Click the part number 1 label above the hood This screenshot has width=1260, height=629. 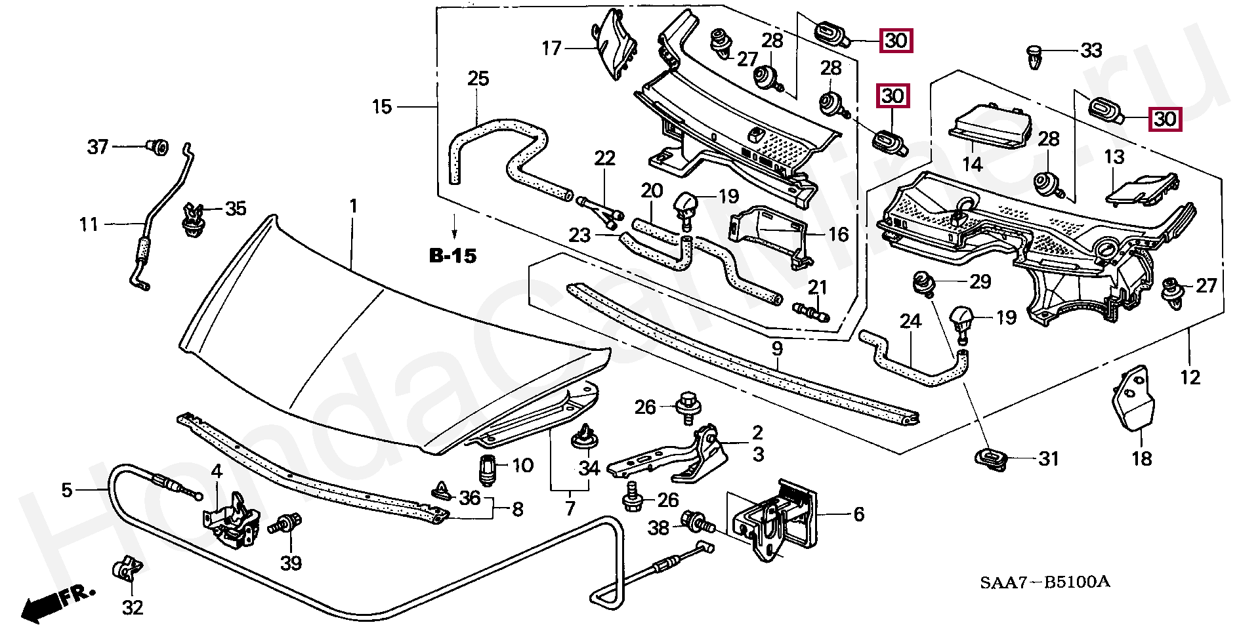coord(353,207)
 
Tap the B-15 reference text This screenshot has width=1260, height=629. coord(452,256)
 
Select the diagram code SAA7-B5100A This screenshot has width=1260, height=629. coord(1045,581)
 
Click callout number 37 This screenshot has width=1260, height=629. coord(97,146)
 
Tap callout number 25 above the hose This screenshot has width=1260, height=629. coord(478,79)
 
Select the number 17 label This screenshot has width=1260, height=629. coord(551,48)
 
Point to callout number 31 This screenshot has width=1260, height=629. coord(1049,458)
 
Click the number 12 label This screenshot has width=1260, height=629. coord(1190,377)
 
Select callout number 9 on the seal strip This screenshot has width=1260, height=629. coord(777,348)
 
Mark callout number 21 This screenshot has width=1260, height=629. coord(817,287)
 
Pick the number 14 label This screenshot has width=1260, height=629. coord(972,164)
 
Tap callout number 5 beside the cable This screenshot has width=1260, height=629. coord(66,490)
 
